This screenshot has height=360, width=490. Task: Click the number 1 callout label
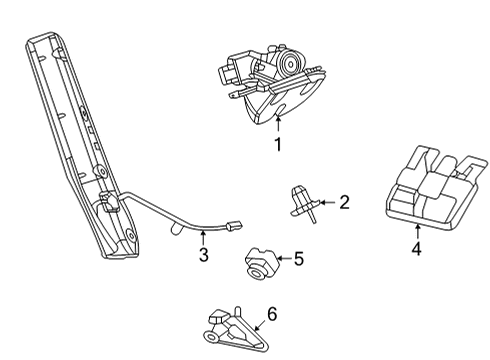(x=278, y=144)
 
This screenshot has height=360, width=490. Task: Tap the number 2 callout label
(x=344, y=204)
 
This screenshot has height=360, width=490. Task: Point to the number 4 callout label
(x=416, y=248)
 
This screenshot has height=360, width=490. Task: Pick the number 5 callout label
(x=297, y=259)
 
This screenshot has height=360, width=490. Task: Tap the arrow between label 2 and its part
(x=325, y=205)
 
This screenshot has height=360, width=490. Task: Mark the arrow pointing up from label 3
(x=204, y=238)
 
